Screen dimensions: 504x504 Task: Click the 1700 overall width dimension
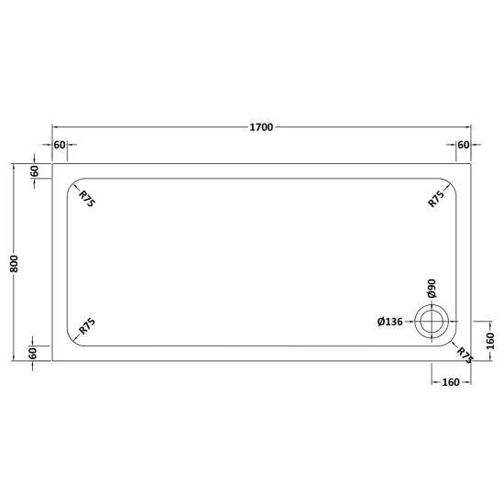click(x=261, y=127)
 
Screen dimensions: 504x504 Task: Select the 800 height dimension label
click(x=15, y=264)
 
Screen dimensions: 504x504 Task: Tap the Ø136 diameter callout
click(x=389, y=322)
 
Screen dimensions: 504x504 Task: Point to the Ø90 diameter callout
click(x=432, y=289)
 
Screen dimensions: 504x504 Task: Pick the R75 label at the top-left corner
click(x=87, y=199)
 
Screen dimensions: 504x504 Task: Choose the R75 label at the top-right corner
click(x=436, y=199)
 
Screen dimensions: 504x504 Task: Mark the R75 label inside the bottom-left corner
click(x=87, y=326)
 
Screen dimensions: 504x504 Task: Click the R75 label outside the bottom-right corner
click(x=466, y=356)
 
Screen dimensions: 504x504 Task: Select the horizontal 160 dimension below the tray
click(x=451, y=382)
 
